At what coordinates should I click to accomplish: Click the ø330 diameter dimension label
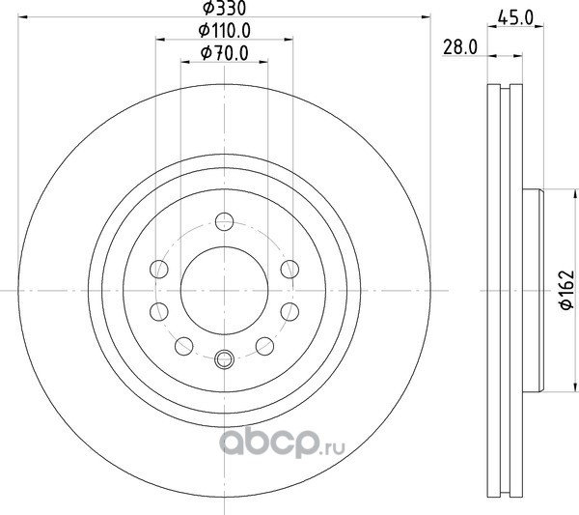pos(224,8)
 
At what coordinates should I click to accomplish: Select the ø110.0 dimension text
pos(225,30)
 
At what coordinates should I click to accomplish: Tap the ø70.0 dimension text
pos(225,53)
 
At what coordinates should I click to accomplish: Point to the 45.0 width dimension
pos(515,17)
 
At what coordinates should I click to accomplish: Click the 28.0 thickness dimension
pos(460,47)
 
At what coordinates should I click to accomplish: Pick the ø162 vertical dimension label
pos(566,290)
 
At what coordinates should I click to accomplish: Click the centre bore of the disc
pos(224,291)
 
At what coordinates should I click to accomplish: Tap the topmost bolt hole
pos(224,222)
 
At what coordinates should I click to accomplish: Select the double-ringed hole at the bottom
pos(224,359)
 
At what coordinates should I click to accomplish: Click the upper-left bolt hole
pos(159,269)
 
